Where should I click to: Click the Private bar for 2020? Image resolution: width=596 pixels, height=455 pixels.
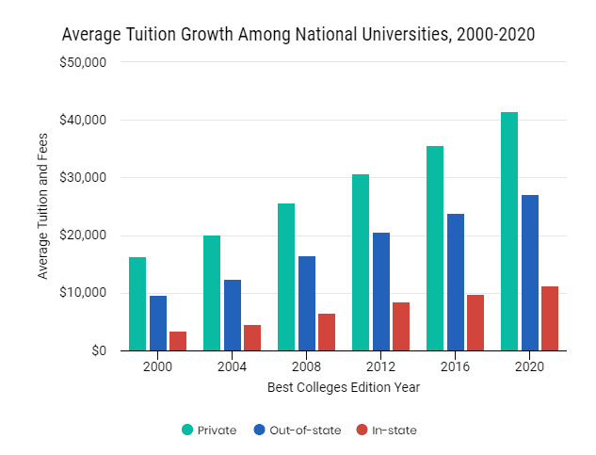tap(509, 232)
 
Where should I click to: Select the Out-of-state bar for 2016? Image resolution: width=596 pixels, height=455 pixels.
tap(456, 283)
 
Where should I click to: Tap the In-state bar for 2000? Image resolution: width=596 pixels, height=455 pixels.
tap(178, 341)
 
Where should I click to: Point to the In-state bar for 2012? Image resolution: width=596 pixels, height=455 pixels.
tap(401, 327)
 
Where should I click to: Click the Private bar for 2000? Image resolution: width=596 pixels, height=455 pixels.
tap(137, 303)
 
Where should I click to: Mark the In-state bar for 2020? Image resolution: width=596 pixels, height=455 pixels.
tap(550, 318)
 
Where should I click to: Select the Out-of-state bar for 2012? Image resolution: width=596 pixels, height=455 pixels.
tap(381, 292)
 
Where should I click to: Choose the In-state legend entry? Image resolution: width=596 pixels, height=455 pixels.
tap(386, 431)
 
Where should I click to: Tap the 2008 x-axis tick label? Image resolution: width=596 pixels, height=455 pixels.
tap(307, 367)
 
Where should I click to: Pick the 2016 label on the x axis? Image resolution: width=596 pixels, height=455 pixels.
tap(456, 367)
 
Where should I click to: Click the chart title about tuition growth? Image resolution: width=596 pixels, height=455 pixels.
tap(298, 35)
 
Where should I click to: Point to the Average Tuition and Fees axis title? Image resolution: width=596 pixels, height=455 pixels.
tap(42, 206)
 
